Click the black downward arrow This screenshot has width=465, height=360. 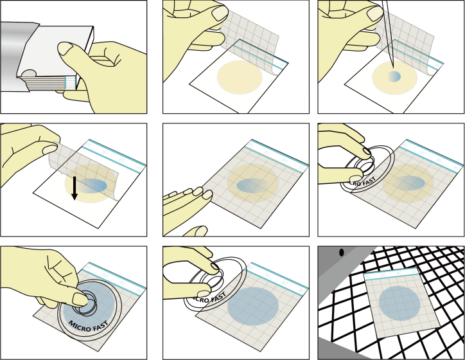75,188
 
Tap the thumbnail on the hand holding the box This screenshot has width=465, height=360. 66,49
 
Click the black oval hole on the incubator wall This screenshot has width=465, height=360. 341,253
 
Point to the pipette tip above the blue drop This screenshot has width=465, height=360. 393,68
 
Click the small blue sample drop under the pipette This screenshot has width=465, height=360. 394,76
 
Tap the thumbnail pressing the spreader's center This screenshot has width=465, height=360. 80,300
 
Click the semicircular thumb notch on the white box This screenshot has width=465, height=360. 30,73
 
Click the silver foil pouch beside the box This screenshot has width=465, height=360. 15,57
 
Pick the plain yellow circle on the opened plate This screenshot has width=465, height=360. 240,77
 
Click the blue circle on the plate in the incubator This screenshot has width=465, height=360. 399,303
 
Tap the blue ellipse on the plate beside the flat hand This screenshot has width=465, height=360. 252,186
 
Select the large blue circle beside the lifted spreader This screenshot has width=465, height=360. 253,307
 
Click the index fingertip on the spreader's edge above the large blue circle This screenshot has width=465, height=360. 215,266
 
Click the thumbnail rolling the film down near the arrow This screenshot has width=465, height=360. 50,149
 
